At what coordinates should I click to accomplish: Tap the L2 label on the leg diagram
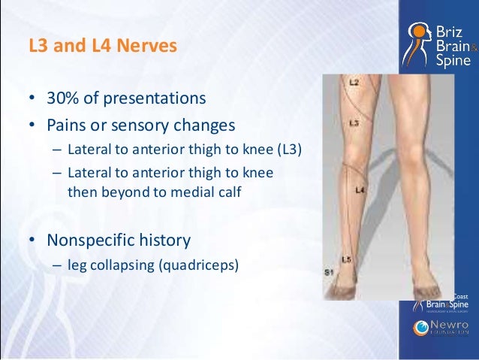(x=354, y=80)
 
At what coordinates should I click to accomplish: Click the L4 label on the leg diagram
(x=360, y=192)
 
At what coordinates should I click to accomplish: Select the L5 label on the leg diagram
(x=347, y=260)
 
